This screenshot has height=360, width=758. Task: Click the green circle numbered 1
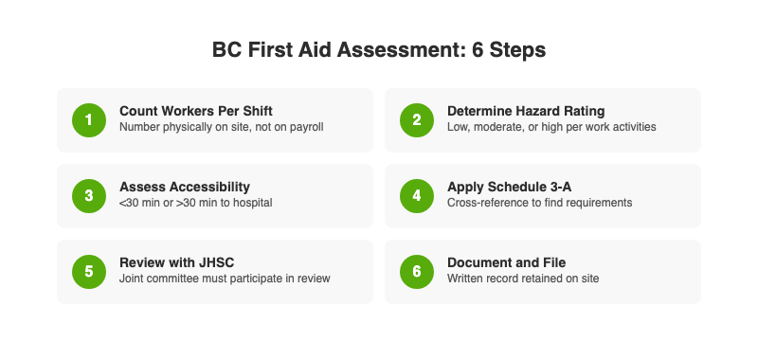[88, 119]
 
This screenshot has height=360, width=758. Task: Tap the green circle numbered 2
[416, 119]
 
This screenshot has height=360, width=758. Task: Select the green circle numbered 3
[88, 195]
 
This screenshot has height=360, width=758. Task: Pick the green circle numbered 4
[416, 195]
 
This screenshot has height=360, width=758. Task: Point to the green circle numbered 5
[88, 271]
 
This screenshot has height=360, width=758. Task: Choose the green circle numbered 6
[416, 271]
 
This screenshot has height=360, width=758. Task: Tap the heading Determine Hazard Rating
[526, 111]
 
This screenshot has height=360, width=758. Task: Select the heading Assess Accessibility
[185, 187]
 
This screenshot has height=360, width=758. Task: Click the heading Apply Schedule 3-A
[507, 187]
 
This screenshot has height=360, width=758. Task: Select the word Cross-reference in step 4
[484, 203]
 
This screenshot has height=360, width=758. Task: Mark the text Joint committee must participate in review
[225, 279]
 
